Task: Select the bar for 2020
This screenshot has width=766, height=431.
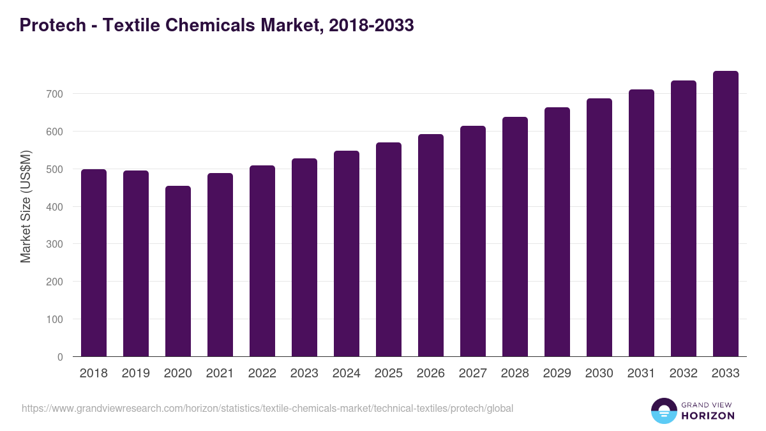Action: click(178, 271)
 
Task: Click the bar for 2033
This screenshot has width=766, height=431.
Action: click(726, 214)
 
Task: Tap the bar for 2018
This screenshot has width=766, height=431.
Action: click(94, 263)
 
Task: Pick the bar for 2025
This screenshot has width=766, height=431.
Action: click(389, 250)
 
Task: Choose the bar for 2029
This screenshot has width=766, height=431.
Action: click(557, 232)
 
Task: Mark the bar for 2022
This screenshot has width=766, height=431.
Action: click(262, 261)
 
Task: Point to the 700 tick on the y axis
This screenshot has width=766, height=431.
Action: click(56, 94)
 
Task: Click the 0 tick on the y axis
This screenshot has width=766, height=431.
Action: click(60, 357)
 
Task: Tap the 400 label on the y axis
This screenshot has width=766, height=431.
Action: click(56, 207)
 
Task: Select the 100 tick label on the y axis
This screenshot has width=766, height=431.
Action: click(56, 319)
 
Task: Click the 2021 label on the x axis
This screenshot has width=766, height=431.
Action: click(220, 374)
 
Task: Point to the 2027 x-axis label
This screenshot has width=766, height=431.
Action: click(473, 374)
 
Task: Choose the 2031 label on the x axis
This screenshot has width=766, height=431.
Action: click(642, 374)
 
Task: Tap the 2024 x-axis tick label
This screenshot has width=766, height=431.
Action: click(347, 374)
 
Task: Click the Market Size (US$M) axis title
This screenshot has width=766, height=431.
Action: click(26, 206)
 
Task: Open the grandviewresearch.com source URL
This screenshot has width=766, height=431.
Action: click(267, 408)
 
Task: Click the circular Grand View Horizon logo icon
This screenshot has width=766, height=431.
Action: click(664, 411)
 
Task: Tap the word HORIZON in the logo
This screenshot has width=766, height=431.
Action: click(708, 416)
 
